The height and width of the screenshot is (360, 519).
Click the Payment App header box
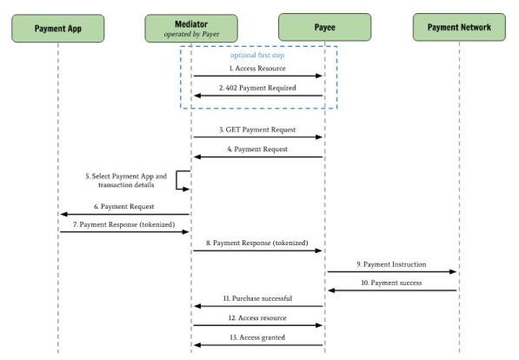(58, 28)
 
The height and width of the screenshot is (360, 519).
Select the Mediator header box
(191, 28)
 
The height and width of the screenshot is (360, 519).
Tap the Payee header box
(325, 27)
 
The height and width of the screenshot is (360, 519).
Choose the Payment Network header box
(459, 27)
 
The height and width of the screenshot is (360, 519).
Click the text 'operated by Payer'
(191, 34)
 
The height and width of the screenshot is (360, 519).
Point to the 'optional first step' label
(257, 56)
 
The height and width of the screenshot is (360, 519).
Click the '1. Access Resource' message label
(257, 68)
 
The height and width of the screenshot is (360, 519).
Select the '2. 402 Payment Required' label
(257, 88)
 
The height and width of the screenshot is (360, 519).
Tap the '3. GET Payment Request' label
(257, 130)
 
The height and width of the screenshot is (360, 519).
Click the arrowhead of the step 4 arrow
(197, 157)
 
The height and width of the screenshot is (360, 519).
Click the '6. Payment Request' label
(124, 206)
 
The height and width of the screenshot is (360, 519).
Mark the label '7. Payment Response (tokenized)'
(124, 224)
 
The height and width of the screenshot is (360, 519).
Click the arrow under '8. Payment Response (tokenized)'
(258, 250)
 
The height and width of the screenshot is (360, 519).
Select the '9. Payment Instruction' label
(391, 264)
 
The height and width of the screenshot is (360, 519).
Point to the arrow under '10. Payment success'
(392, 290)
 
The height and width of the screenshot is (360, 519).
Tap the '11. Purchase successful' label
(257, 298)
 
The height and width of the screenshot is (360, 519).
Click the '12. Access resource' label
(257, 318)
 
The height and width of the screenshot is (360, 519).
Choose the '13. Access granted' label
(257, 337)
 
